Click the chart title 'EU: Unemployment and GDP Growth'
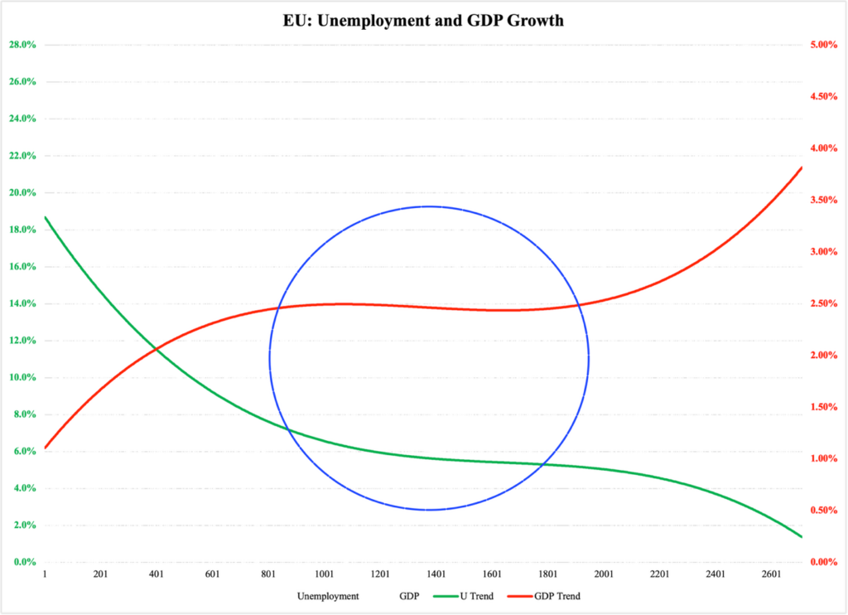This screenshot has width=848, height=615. [423, 21]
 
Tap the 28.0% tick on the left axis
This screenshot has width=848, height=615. [22, 45]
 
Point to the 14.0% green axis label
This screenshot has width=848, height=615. [22, 304]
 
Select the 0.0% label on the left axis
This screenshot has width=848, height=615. [23, 563]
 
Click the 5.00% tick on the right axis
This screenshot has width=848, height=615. [823, 45]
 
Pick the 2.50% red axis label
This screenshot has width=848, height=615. [823, 304]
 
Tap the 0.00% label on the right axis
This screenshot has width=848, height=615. [823, 563]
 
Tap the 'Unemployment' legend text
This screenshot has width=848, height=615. [328, 596]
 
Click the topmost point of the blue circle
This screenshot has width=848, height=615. [428, 206]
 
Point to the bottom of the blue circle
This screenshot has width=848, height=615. [428, 510]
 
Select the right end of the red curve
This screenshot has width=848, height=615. [802, 168]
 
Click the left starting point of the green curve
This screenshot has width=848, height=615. [45, 217]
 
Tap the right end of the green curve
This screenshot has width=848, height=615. [802, 537]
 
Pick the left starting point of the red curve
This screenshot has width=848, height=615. [45, 448]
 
